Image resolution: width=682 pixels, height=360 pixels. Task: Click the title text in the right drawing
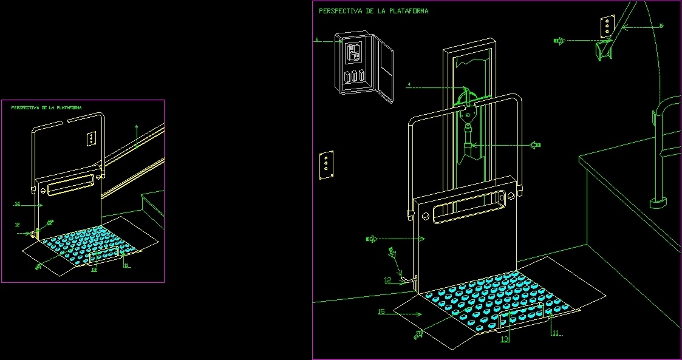click(x=373, y=11)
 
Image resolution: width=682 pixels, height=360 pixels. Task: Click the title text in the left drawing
click(x=46, y=107)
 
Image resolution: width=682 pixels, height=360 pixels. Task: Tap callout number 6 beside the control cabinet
click(x=316, y=39)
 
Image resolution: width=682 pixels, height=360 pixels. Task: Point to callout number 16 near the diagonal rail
click(x=661, y=25)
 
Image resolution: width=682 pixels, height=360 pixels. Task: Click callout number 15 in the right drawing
click(x=381, y=312)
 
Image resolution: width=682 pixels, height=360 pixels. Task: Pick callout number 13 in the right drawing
click(x=505, y=339)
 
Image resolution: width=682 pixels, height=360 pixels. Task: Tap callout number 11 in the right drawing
click(x=556, y=333)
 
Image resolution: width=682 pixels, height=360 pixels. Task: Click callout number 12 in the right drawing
click(x=387, y=280)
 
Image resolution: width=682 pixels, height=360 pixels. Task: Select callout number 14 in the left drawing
click(x=17, y=205)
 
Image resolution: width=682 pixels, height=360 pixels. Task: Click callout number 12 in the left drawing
click(x=17, y=225)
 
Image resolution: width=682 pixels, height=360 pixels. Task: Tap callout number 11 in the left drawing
click(x=126, y=265)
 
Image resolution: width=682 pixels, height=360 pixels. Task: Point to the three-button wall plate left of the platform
click(x=326, y=165)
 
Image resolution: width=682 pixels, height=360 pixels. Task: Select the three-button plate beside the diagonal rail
click(x=606, y=27)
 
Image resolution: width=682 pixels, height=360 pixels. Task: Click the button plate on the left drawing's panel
click(x=90, y=138)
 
